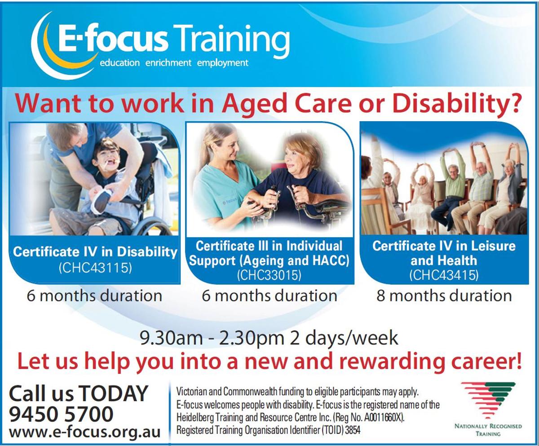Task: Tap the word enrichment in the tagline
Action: click(x=168, y=63)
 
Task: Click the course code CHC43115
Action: click(x=95, y=268)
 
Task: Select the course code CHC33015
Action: click(x=269, y=275)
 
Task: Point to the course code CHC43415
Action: click(x=444, y=275)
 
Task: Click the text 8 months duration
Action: click(x=444, y=296)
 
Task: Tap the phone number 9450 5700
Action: click(x=61, y=414)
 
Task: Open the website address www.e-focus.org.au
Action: click(x=85, y=432)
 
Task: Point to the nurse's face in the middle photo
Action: click(x=227, y=149)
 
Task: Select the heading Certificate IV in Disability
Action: click(x=95, y=252)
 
